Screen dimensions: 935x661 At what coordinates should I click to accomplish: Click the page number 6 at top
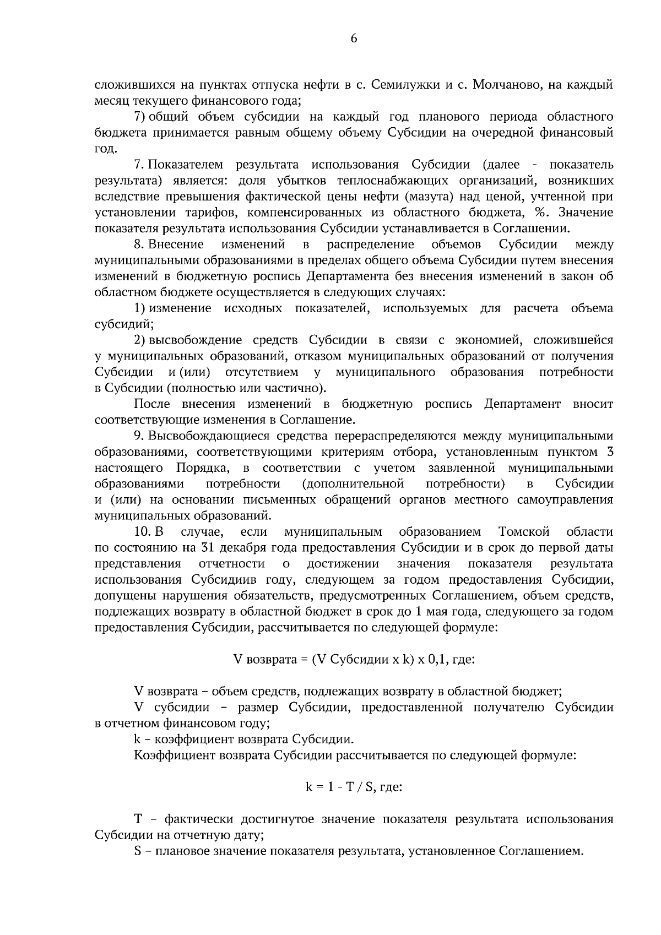[354, 38]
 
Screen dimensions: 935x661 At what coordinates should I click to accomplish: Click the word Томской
[524, 532]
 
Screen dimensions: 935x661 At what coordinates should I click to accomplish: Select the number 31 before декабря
[208, 548]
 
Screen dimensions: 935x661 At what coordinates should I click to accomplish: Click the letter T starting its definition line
[138, 819]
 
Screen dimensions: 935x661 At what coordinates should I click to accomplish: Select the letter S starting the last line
[138, 851]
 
